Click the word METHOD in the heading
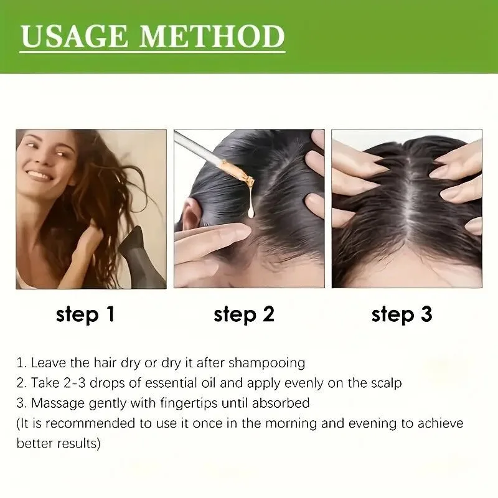(213, 37)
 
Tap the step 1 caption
(85, 314)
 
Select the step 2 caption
(244, 314)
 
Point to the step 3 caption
(402, 314)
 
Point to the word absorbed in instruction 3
(286, 403)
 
